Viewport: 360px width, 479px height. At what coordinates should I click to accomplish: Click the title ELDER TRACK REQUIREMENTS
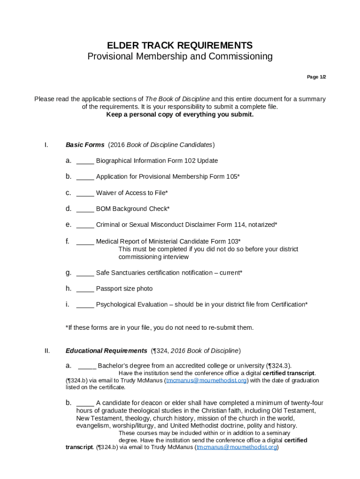(180, 45)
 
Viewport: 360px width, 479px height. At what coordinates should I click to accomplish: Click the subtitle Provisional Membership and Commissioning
(180, 57)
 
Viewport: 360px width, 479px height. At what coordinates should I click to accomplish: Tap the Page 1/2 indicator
(316, 77)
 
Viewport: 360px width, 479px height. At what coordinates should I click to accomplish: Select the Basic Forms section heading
(85, 145)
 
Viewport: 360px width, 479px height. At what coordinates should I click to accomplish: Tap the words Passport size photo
(124, 289)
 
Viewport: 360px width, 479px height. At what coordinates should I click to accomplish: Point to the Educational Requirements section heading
(106, 351)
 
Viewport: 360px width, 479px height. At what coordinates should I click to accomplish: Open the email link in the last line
(237, 447)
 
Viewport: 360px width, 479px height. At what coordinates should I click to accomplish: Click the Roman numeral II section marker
(47, 351)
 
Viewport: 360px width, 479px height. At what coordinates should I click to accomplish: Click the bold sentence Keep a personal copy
(180, 115)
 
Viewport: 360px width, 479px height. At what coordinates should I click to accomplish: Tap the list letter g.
(68, 273)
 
